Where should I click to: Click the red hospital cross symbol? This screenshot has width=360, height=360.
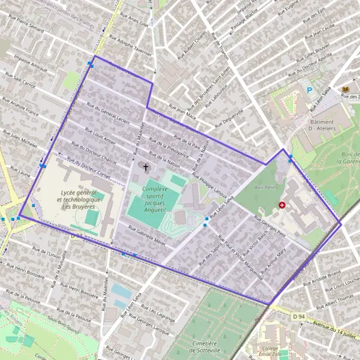282,205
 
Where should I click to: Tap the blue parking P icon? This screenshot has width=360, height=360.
310,91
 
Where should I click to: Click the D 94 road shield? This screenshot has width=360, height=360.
299,316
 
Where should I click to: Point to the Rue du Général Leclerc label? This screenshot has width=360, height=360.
108,112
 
